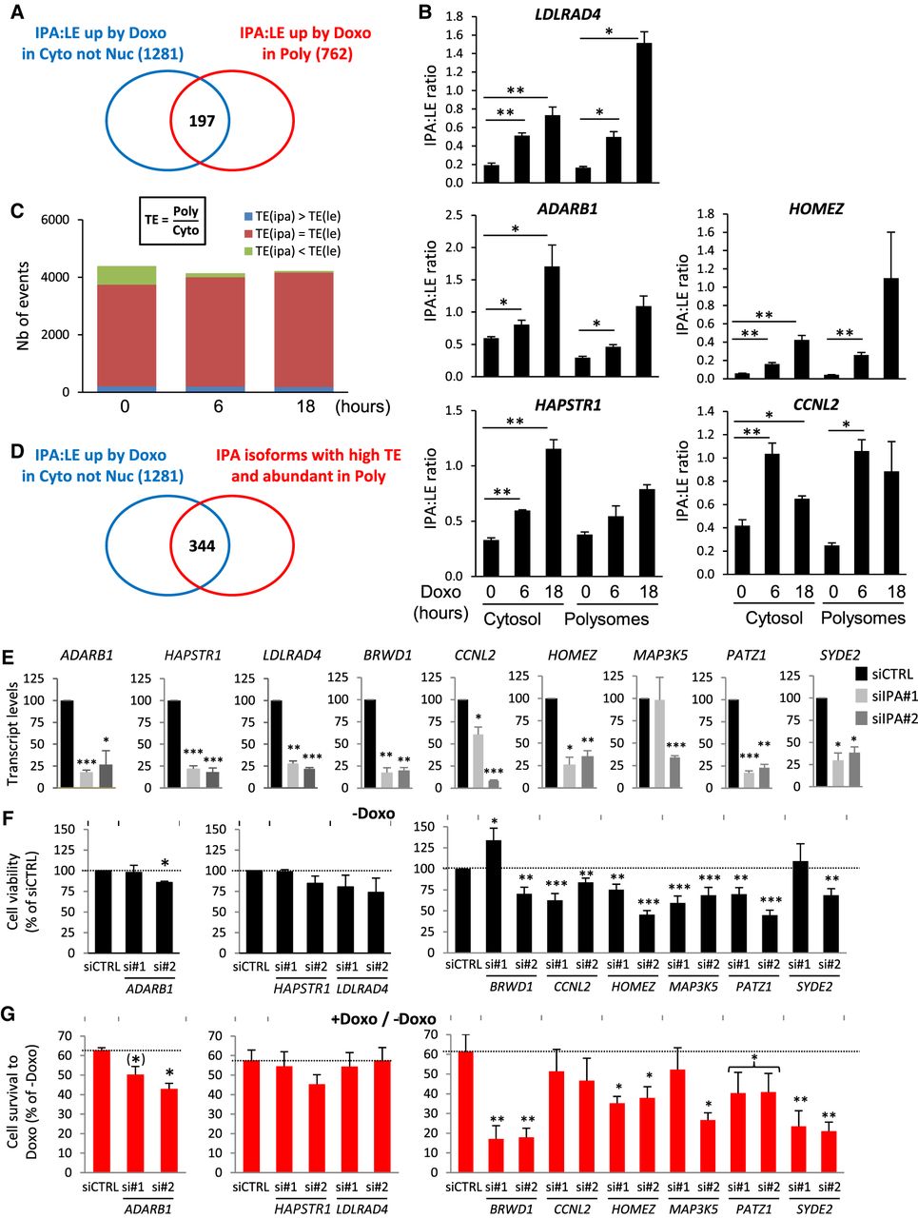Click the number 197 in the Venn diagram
[202, 121]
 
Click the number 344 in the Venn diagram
[202, 545]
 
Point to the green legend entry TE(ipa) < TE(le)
[291, 251]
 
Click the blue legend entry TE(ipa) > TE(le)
[291, 216]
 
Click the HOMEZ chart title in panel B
[815, 209]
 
